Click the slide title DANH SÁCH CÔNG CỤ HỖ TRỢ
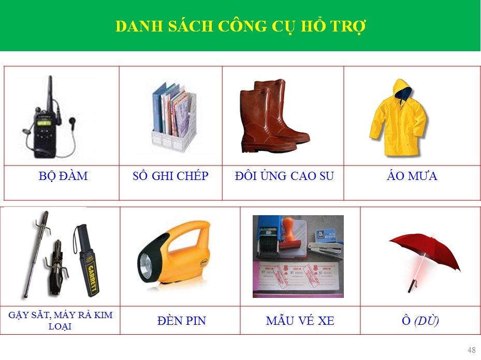point(240,26)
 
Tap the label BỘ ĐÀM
point(63,176)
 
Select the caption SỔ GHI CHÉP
point(170,176)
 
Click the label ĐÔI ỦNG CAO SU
point(284,176)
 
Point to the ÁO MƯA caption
point(412,176)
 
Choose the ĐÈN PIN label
point(181,321)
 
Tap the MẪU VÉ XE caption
point(300,321)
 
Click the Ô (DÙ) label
point(420,321)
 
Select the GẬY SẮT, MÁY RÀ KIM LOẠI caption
point(60,321)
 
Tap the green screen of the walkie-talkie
point(44,124)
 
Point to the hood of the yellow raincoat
point(402,89)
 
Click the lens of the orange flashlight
point(146,264)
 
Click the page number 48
point(472,350)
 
